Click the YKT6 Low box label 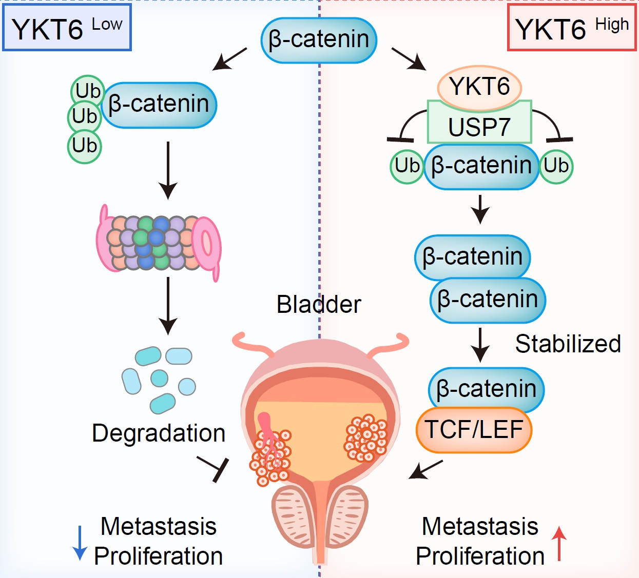click(x=67, y=28)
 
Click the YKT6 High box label click(x=572, y=28)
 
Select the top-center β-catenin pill click(x=319, y=40)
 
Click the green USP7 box click(x=479, y=126)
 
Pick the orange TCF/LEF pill click(x=474, y=430)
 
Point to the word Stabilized click(x=568, y=344)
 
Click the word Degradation click(x=159, y=433)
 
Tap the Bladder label click(x=319, y=305)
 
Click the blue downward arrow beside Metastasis click(x=80, y=543)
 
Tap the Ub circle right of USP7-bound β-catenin click(x=556, y=166)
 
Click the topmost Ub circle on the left click(x=88, y=91)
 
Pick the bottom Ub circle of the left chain click(x=85, y=146)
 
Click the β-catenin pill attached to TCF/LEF click(x=486, y=389)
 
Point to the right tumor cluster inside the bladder click(x=365, y=438)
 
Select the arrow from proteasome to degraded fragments click(x=168, y=306)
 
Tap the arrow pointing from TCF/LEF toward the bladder click(x=425, y=469)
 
